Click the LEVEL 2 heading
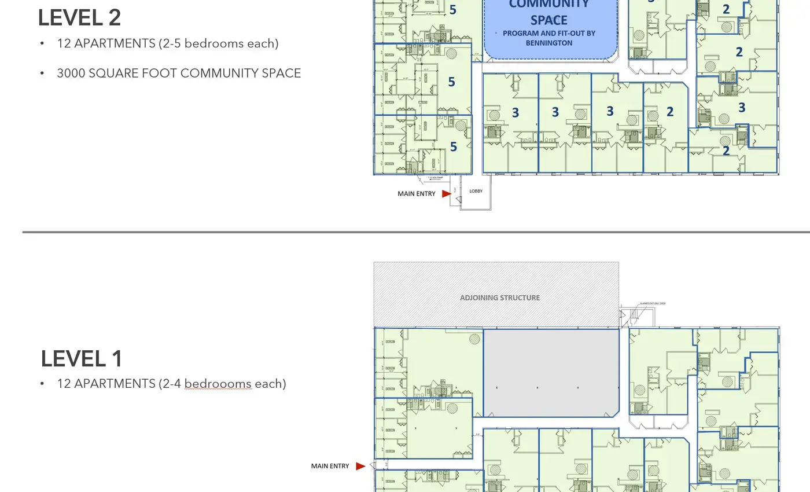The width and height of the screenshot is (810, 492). (79, 17)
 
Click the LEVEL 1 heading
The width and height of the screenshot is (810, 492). (82, 359)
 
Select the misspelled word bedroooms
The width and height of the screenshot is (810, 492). (218, 384)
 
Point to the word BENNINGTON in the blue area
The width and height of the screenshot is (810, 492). (548, 43)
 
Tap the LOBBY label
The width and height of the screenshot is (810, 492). (476, 191)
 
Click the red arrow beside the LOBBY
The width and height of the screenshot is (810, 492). (446, 194)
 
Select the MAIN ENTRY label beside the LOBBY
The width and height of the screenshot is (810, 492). (416, 194)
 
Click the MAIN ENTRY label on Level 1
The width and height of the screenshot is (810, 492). (330, 466)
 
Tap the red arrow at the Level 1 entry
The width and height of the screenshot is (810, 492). (360, 466)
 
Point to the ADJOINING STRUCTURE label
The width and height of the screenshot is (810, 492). (499, 298)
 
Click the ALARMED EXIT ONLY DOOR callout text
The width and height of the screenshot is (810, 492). (653, 303)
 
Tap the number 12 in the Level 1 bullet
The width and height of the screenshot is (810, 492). (64, 384)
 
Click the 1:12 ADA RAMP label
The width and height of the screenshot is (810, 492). (437, 178)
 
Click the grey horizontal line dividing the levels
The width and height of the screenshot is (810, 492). (405, 232)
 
